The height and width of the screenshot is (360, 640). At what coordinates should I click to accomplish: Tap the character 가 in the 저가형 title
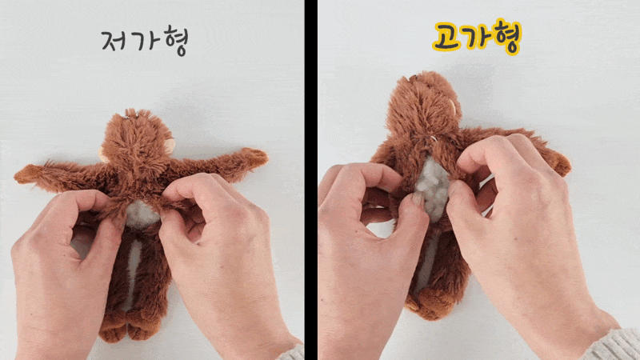pyautogui.click(x=146, y=40)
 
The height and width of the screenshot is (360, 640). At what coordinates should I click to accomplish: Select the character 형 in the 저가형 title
pyautogui.click(x=175, y=41)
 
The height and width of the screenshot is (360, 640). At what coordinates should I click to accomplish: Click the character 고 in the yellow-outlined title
pyautogui.click(x=446, y=37)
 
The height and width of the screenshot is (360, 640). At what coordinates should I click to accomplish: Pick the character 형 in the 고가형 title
pyautogui.click(x=507, y=36)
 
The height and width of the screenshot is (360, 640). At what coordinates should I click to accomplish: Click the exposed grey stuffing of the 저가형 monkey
pyautogui.click(x=142, y=213)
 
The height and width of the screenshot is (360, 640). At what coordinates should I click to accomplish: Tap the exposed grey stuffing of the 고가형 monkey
pyautogui.click(x=433, y=189)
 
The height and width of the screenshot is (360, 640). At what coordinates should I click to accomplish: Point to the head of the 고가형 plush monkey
pyautogui.click(x=423, y=105)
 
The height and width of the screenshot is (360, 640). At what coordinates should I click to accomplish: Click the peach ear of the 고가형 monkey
pyautogui.click(x=452, y=107)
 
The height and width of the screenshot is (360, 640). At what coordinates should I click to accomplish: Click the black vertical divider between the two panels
pyautogui.click(x=310, y=180)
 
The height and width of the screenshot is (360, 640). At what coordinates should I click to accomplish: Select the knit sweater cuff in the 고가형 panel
pyautogui.click(x=612, y=346)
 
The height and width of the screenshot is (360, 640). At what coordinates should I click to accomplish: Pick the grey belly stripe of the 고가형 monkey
pyautogui.click(x=430, y=257)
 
